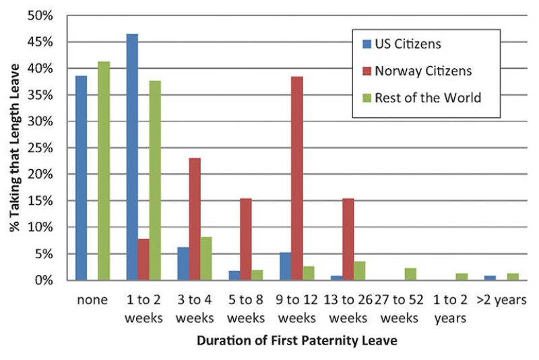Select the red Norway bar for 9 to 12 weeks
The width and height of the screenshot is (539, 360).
coord(297,178)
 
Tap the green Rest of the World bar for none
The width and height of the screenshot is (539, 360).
coord(104,171)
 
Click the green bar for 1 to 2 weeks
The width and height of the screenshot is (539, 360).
coord(155,180)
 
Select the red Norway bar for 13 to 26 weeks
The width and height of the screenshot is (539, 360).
coord(348,239)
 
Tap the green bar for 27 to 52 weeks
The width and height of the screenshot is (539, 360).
coord(411,274)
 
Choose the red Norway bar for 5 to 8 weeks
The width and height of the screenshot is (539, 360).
coord(246,239)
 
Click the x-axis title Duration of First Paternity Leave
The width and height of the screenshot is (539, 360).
coord(297,340)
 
